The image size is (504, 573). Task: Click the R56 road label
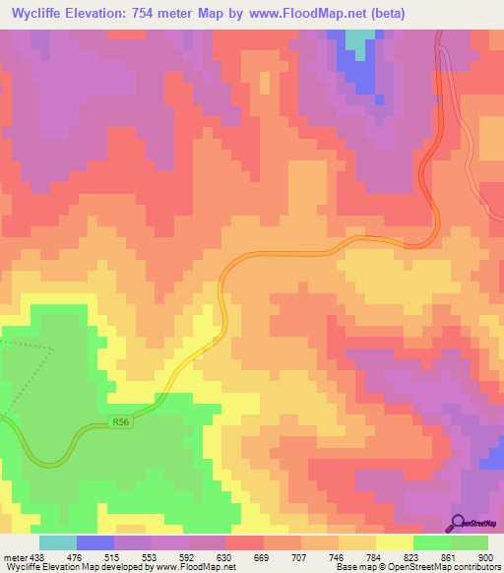pyautogui.click(x=121, y=422)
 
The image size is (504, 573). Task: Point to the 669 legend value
pyautogui.click(x=262, y=556)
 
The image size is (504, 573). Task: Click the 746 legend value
pyautogui.click(x=336, y=556)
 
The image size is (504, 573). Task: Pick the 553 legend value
pyautogui.click(x=150, y=556)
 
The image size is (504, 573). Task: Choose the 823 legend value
pyautogui.click(x=410, y=556)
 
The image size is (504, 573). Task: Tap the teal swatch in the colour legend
pyautogui.click(x=57, y=542)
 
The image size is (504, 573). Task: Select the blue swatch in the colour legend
pyautogui.click(x=94, y=542)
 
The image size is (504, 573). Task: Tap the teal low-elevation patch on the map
pyautogui.click(x=360, y=37)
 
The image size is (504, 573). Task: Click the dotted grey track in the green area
pyautogui.click(x=30, y=347)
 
